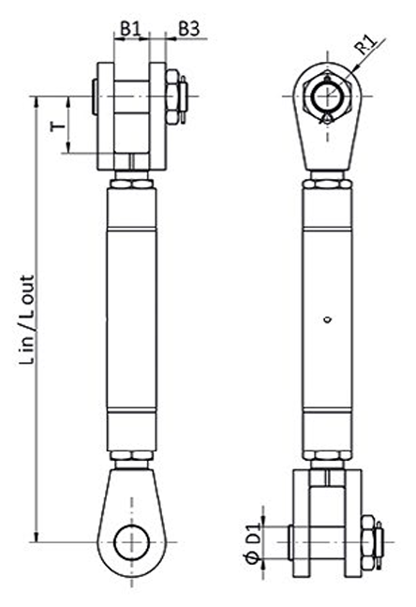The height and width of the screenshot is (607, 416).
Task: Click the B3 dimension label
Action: coord(188,29)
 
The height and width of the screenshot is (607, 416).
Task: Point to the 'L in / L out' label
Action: coord(31,319)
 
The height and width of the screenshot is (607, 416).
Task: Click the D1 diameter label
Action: coord(250,540)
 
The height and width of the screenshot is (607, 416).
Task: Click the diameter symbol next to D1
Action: coord(250,560)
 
